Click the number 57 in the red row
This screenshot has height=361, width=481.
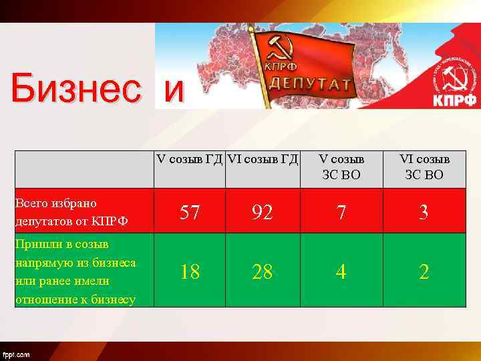190,213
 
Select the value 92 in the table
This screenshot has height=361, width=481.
262,213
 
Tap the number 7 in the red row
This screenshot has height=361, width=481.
341,213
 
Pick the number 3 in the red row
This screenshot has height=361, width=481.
424,213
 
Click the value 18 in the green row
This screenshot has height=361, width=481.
190,271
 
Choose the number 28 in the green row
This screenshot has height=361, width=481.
262,271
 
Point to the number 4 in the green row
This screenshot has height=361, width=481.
341,271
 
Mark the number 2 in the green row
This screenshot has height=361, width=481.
424,271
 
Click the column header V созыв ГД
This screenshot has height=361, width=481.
190,159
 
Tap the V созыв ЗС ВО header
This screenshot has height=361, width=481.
341,167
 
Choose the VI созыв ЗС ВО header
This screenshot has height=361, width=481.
424,167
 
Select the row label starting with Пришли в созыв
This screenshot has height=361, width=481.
75,271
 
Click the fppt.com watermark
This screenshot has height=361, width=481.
16,354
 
